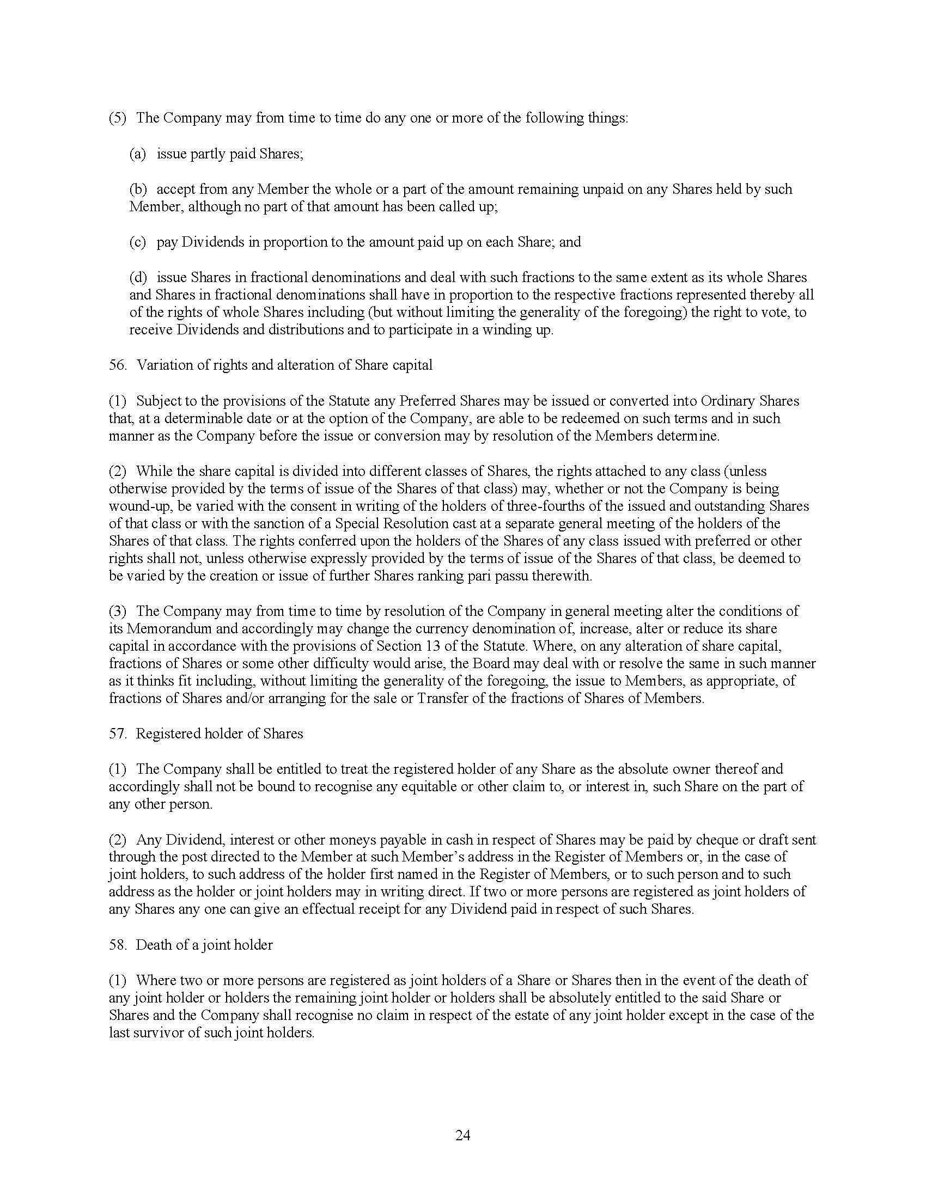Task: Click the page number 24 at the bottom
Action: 462,1135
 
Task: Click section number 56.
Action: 118,365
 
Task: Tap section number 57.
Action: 118,734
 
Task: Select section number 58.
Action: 118,945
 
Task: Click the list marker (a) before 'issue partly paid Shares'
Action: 138,154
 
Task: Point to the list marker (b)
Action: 138,190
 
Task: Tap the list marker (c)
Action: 138,242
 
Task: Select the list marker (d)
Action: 138,278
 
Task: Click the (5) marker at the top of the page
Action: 118,119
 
